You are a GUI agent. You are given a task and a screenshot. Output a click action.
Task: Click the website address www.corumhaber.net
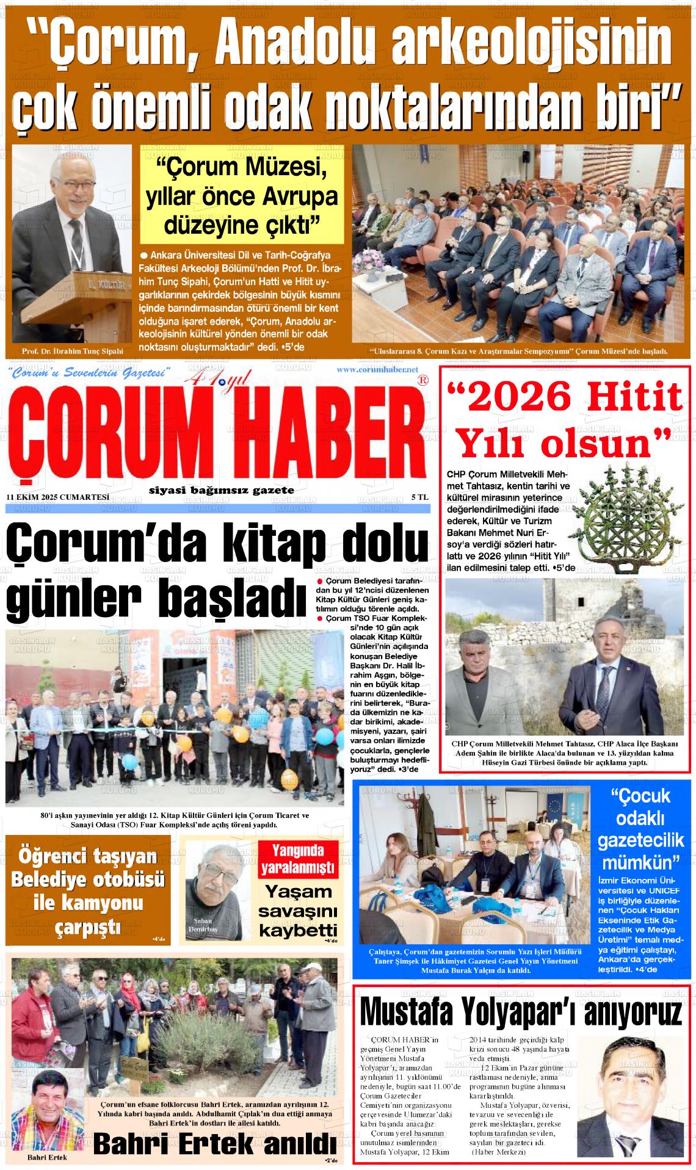tap(377, 369)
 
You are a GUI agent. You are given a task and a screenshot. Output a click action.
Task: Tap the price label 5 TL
tap(419, 497)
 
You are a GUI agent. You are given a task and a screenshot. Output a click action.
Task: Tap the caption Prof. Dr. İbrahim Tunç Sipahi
tap(72, 352)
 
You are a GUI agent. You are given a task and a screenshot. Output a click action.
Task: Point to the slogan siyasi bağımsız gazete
tap(222, 490)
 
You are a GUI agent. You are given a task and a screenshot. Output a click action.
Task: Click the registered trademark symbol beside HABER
tap(421, 380)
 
